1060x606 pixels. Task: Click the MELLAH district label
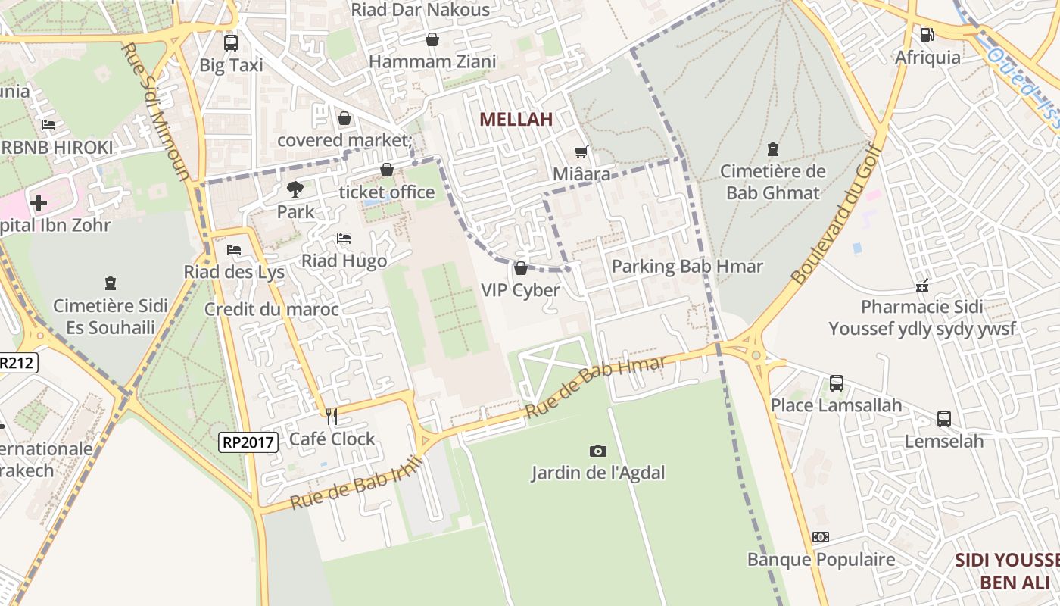516,119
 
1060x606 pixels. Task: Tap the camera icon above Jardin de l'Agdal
598,451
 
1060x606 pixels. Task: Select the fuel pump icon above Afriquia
927,34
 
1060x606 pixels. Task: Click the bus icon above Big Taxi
231,42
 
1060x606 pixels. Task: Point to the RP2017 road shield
249,442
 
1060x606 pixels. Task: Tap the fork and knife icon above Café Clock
331,416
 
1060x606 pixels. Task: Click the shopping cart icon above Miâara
581,152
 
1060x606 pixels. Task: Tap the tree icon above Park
295,189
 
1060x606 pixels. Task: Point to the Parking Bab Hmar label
687,267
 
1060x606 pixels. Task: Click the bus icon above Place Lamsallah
837,383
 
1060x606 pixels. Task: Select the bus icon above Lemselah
944,419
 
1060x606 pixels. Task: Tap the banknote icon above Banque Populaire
821,537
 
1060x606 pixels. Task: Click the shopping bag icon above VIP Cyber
521,268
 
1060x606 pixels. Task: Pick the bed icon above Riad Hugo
344,239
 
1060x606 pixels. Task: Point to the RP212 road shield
17,363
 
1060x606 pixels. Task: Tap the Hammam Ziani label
432,61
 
